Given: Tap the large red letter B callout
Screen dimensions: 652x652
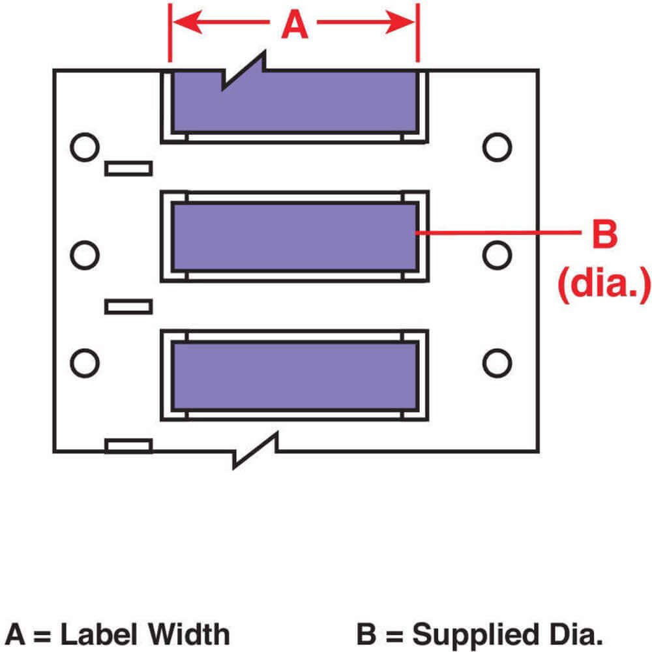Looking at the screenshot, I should (604, 234).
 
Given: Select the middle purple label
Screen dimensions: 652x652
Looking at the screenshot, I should (294, 236).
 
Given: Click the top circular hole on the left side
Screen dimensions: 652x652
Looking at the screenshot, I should (84, 147).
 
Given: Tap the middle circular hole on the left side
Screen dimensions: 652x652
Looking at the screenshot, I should (84, 254).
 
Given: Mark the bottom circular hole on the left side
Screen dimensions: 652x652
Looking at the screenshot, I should (84, 363).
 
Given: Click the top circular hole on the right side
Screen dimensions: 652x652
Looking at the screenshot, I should (497, 147).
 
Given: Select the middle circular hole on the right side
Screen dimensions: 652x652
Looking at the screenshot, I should (497, 254).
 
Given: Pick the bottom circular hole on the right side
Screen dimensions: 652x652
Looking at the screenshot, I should (497, 363).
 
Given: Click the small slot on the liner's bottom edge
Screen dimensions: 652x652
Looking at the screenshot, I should (128, 446).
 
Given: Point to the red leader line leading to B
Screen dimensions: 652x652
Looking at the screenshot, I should (496, 231).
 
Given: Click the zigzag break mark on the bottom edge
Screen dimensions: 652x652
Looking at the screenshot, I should (256, 450).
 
